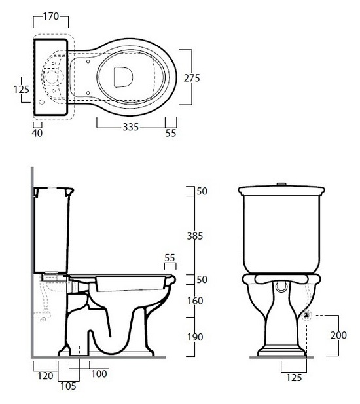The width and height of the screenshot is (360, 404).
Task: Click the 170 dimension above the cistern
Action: point(51,16)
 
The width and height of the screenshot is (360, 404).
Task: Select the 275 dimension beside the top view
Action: point(192,78)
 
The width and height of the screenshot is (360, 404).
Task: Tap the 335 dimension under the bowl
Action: point(130,127)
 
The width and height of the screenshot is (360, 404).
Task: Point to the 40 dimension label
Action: point(37,133)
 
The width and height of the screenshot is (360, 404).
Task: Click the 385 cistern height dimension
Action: point(195,236)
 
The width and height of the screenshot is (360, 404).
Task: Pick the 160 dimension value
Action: point(195,301)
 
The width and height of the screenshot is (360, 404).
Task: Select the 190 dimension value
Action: point(195,337)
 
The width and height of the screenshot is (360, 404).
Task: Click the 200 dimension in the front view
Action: point(338,335)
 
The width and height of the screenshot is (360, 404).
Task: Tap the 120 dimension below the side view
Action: point(45,376)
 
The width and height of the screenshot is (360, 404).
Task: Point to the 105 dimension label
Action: point(69,386)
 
